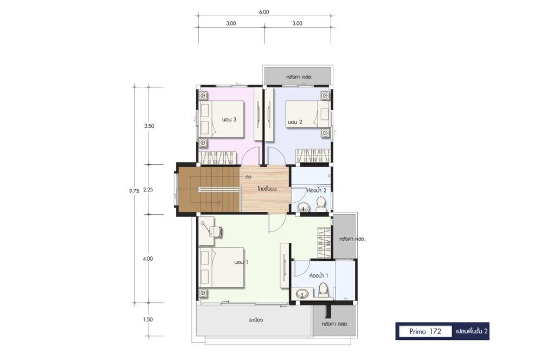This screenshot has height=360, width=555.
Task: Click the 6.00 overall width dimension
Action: click(x=264, y=12)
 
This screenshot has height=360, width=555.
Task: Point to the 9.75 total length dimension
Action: click(x=134, y=191)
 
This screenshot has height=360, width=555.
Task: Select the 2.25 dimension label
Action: click(x=148, y=190)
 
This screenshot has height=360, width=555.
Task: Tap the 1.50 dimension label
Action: click(x=148, y=319)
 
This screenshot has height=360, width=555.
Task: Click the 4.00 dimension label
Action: click(x=148, y=259)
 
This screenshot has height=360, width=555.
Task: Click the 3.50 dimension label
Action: click(x=149, y=126)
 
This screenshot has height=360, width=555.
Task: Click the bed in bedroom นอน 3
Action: click(x=221, y=119)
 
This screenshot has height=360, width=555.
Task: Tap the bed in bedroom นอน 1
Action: click(x=221, y=267)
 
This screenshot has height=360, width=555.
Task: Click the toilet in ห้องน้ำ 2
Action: click(x=321, y=205)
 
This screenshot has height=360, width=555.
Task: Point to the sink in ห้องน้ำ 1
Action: click(x=302, y=293)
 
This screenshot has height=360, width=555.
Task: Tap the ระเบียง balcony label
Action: click(x=256, y=320)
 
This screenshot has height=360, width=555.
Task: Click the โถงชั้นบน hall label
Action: click(x=267, y=189)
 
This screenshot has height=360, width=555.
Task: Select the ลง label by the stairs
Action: click(x=248, y=176)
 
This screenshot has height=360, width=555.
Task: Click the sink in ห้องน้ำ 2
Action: click(x=303, y=208)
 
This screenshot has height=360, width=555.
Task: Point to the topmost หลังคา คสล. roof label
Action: click(x=299, y=77)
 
